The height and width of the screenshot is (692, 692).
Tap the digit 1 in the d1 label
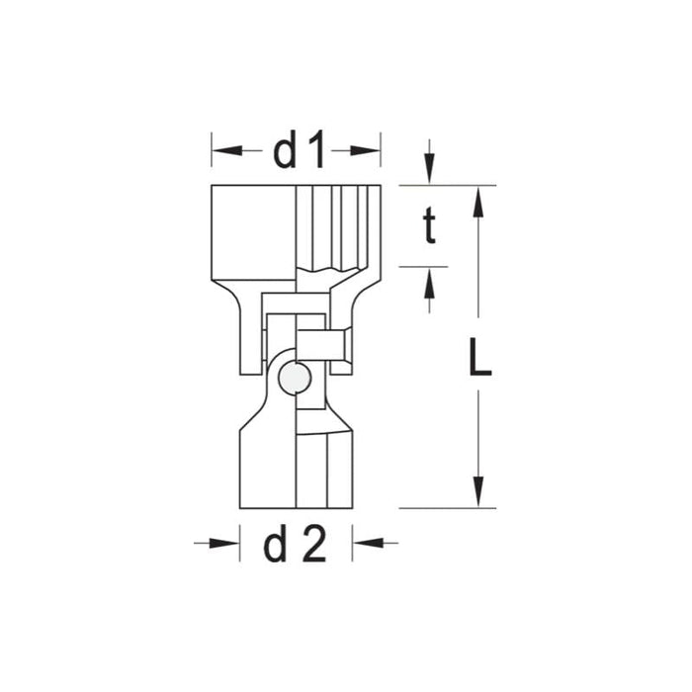click(314, 151)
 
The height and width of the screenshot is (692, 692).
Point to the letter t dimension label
click(429, 226)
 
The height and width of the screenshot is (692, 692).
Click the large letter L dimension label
click(479, 358)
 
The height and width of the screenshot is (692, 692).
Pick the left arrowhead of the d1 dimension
click(222, 151)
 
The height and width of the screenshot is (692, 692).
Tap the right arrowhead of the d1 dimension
click(370, 151)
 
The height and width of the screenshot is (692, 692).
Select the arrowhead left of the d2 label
click(229, 543)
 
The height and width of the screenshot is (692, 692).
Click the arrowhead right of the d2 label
click(365, 543)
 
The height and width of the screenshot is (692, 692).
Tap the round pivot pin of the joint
click(294, 378)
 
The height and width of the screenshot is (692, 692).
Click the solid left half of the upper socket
click(253, 232)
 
